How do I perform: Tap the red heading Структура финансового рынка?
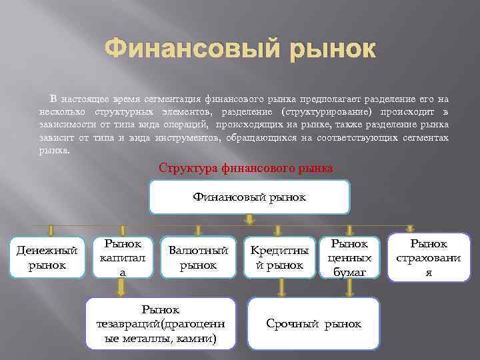245,167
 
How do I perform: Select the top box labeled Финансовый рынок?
249,197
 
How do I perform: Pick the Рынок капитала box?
121,257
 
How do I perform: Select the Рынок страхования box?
429,257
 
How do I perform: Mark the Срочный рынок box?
313,323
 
